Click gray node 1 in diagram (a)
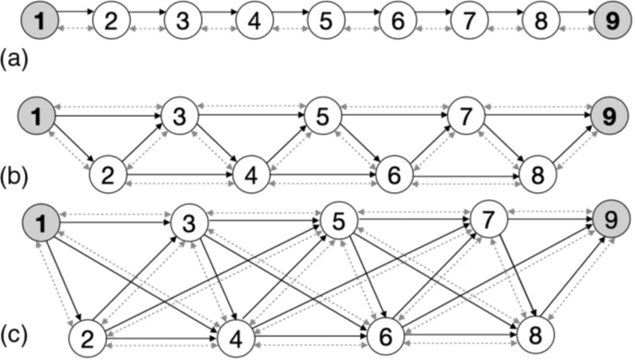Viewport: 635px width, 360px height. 39,20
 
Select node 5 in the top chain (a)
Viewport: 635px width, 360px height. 325,20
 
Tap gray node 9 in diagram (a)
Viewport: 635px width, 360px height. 612,20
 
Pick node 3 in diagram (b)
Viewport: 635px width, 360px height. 180,117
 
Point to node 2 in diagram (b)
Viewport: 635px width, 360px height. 108,175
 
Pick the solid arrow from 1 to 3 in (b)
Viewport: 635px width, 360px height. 109,114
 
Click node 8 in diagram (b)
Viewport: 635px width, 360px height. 537,175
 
